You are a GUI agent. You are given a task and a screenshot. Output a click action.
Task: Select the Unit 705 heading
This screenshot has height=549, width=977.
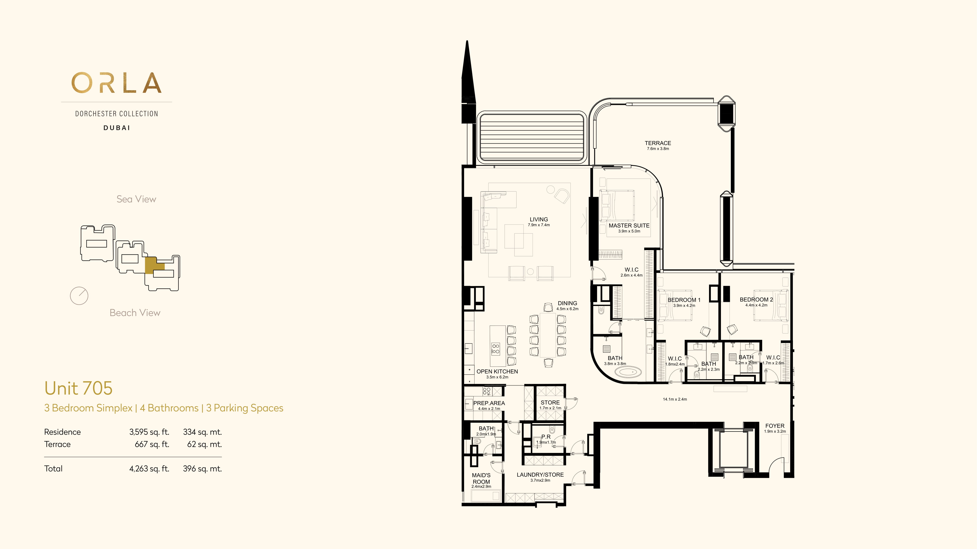(x=79, y=388)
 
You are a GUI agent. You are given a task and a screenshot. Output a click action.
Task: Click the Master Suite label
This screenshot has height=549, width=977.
(x=629, y=225)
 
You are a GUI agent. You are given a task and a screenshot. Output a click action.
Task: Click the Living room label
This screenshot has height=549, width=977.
(x=539, y=219)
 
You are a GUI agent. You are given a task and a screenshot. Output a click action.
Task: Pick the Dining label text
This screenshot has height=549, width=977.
(x=567, y=303)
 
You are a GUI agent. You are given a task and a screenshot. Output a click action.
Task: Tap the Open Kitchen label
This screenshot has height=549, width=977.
(x=497, y=371)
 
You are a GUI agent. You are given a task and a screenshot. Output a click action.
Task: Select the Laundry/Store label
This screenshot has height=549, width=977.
(x=540, y=475)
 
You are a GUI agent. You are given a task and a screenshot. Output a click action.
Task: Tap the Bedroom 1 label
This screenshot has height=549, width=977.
(x=684, y=300)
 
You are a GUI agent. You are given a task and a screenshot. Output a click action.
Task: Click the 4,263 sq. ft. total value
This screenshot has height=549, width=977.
(x=149, y=469)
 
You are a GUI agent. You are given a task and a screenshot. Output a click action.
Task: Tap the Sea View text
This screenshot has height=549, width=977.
(x=136, y=199)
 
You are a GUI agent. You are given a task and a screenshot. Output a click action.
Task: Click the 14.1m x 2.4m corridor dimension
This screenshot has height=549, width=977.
(x=675, y=399)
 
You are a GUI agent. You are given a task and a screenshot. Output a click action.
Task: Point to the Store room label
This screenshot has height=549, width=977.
(x=550, y=402)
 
